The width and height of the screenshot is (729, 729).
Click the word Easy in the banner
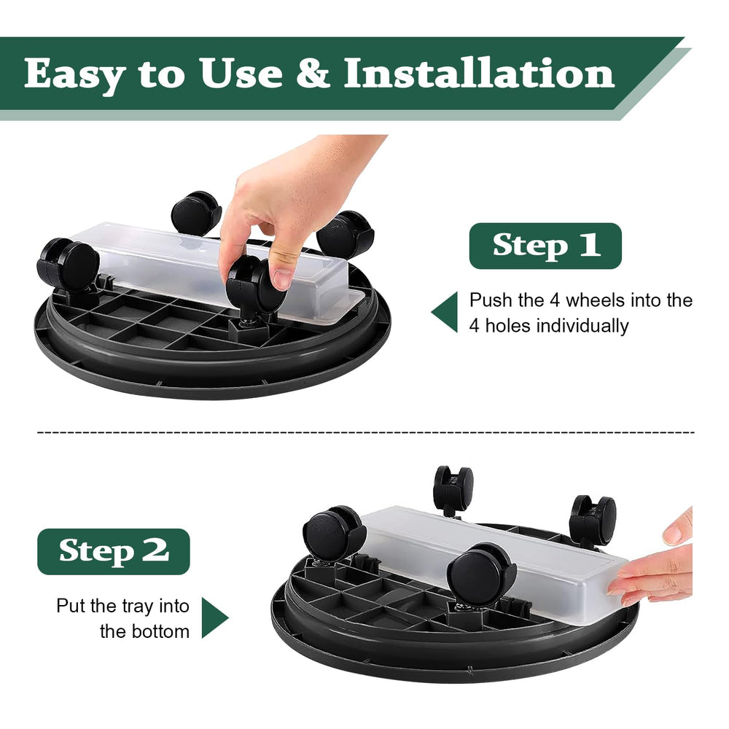[75, 74]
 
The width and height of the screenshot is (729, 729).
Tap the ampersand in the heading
[313, 72]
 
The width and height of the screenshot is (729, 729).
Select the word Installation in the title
[480, 72]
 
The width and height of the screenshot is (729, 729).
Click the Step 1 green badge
[545, 246]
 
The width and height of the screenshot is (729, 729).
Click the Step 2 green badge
[114, 551]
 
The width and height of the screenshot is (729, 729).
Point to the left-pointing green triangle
[445, 312]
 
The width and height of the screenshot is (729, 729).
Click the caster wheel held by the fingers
[256, 284]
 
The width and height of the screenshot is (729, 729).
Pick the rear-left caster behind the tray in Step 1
[196, 212]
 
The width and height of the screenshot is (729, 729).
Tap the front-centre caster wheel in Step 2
[482, 575]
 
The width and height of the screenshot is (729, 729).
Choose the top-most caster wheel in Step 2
[453, 488]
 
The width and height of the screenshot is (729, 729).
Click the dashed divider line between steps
[365, 432]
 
